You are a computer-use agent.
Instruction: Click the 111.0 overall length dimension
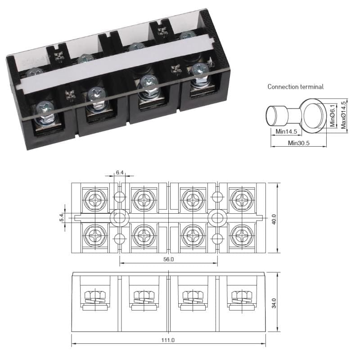pyautogui.click(x=168, y=341)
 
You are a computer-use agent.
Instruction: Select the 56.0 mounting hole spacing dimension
pyautogui.click(x=168, y=260)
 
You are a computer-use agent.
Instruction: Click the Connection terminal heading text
pyautogui.click(x=295, y=86)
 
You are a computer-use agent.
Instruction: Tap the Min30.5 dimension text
pyautogui.click(x=299, y=143)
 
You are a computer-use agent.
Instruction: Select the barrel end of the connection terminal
pyautogui.click(x=274, y=116)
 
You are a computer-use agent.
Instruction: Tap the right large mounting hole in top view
pyautogui.click(x=217, y=218)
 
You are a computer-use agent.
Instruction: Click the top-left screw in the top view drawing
pyautogui.click(x=95, y=198)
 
